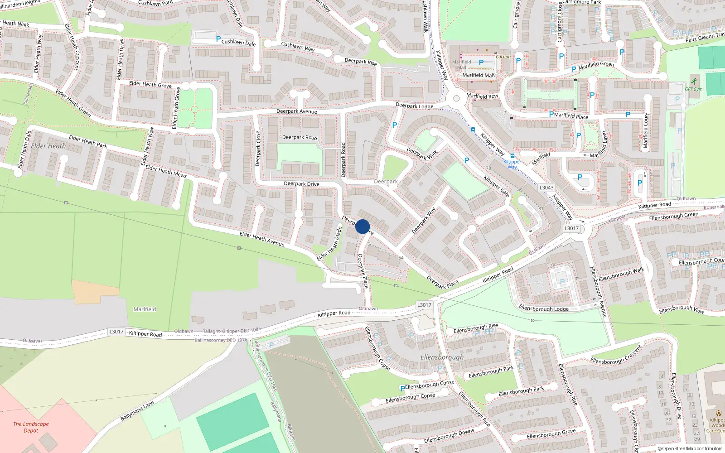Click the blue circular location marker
coord(362,226)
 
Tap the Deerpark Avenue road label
coord(297,111)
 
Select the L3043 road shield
coord(546,188)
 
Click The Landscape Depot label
coord(31,427)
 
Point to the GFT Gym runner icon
coord(694,82)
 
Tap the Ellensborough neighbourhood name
coord(442,357)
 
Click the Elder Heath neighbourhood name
coord(48,146)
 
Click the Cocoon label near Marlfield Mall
coord(503,57)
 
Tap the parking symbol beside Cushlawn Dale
coord(218,39)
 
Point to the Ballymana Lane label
coord(137,411)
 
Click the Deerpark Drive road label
coord(301,184)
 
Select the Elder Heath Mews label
coord(166,171)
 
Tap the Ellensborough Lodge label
coord(544,308)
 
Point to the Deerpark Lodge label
coord(414,106)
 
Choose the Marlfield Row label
coord(482,96)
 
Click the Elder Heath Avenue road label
coord(262,239)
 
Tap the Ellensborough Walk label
coord(621,275)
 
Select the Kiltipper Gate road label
coord(496,186)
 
